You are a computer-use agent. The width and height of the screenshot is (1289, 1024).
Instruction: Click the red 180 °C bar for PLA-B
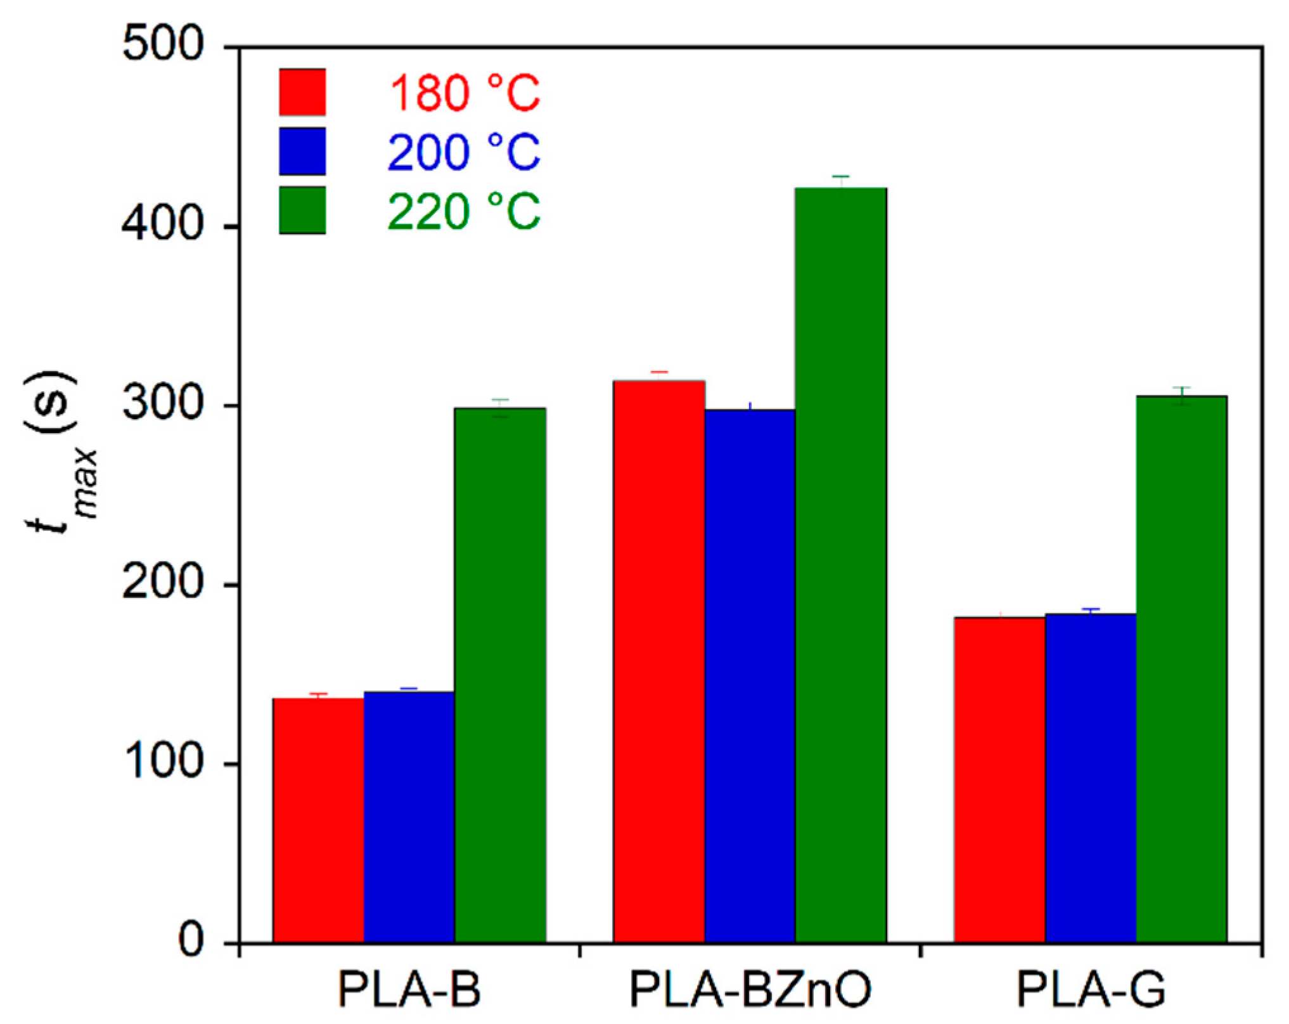click(318, 820)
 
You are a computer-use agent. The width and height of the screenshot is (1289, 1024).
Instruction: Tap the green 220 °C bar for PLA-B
click(500, 675)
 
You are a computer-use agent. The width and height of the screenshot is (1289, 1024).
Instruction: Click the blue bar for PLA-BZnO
click(750, 676)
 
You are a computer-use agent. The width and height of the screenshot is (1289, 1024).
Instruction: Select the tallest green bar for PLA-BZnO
click(840, 565)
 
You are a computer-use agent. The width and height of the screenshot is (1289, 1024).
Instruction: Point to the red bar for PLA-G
click(999, 780)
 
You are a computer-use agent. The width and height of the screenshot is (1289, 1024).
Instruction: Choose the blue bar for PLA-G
click(1090, 778)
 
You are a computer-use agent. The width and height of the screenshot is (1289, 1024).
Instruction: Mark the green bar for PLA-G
click(1181, 669)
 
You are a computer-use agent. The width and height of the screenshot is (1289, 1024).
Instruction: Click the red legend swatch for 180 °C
click(302, 93)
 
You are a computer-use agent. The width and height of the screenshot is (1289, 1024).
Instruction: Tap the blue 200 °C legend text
click(463, 152)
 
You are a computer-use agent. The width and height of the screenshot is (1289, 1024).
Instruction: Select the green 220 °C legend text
click(463, 211)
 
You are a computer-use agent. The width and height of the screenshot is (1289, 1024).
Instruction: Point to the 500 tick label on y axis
click(163, 46)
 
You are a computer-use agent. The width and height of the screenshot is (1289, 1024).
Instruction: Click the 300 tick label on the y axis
click(163, 405)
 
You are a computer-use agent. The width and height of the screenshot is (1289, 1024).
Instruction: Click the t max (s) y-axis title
click(60, 453)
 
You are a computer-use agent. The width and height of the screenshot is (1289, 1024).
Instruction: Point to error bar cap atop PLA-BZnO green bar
click(840, 176)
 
